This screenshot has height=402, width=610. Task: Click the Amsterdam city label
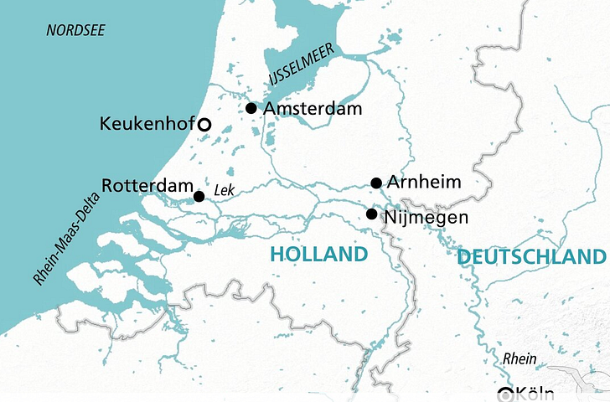tap(312, 109)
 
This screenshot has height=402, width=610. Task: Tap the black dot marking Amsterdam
tap(251, 108)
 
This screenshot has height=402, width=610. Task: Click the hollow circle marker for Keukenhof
tap(203, 125)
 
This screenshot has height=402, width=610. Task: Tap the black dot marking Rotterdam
tap(199, 197)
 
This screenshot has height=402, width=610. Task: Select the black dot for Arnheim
tap(376, 183)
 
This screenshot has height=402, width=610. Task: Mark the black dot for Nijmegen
tap(372, 214)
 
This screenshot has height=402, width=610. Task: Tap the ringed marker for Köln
tap(504, 394)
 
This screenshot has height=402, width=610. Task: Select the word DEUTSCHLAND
tap(531, 257)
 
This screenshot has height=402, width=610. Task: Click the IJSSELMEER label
tap(301, 64)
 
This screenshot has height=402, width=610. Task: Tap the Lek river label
tap(224, 190)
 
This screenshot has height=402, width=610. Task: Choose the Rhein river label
tap(520, 358)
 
